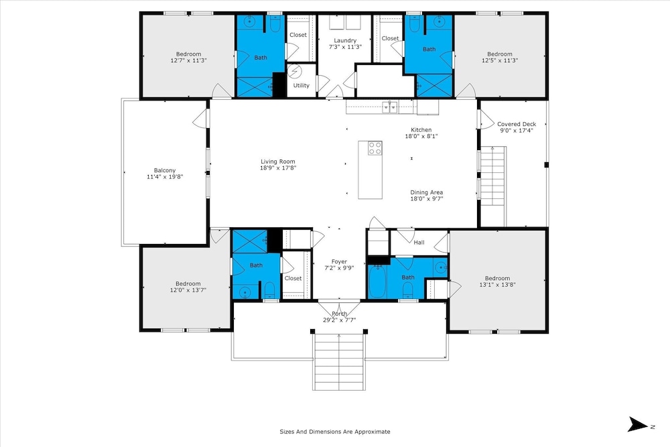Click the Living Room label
pyautogui.click(x=278, y=162)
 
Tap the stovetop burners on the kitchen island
pyautogui.click(x=375, y=148)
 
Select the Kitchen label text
pyautogui.click(x=421, y=130)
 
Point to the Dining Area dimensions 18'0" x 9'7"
pyautogui.click(x=426, y=199)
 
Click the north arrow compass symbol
pyautogui.click(x=638, y=424)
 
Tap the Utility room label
pyautogui.click(x=301, y=86)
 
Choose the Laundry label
pyautogui.click(x=345, y=41)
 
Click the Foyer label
pyautogui.click(x=339, y=261)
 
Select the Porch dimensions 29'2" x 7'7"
pyautogui.click(x=339, y=320)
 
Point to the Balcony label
pyautogui.click(x=165, y=170)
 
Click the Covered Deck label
pyautogui.click(x=517, y=124)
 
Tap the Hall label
pyautogui.click(x=419, y=243)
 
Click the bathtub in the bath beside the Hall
pyautogui.click(x=377, y=281)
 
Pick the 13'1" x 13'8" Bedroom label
pyautogui.click(x=497, y=281)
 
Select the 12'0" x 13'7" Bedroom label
pyautogui.click(x=188, y=287)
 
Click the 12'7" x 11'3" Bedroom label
pyautogui.click(x=188, y=57)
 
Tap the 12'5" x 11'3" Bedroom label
pyautogui.click(x=500, y=57)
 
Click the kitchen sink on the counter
pyautogui.click(x=390, y=107)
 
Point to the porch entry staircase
pyautogui.click(x=339, y=361)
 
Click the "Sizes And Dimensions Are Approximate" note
pyautogui.click(x=335, y=432)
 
